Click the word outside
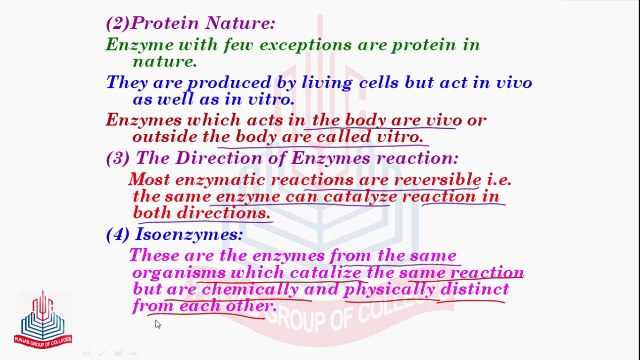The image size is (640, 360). coord(164,136)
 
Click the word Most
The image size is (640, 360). coord(149,180)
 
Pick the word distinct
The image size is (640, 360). coord(476,289)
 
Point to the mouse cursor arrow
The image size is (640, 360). coord(158,324)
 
